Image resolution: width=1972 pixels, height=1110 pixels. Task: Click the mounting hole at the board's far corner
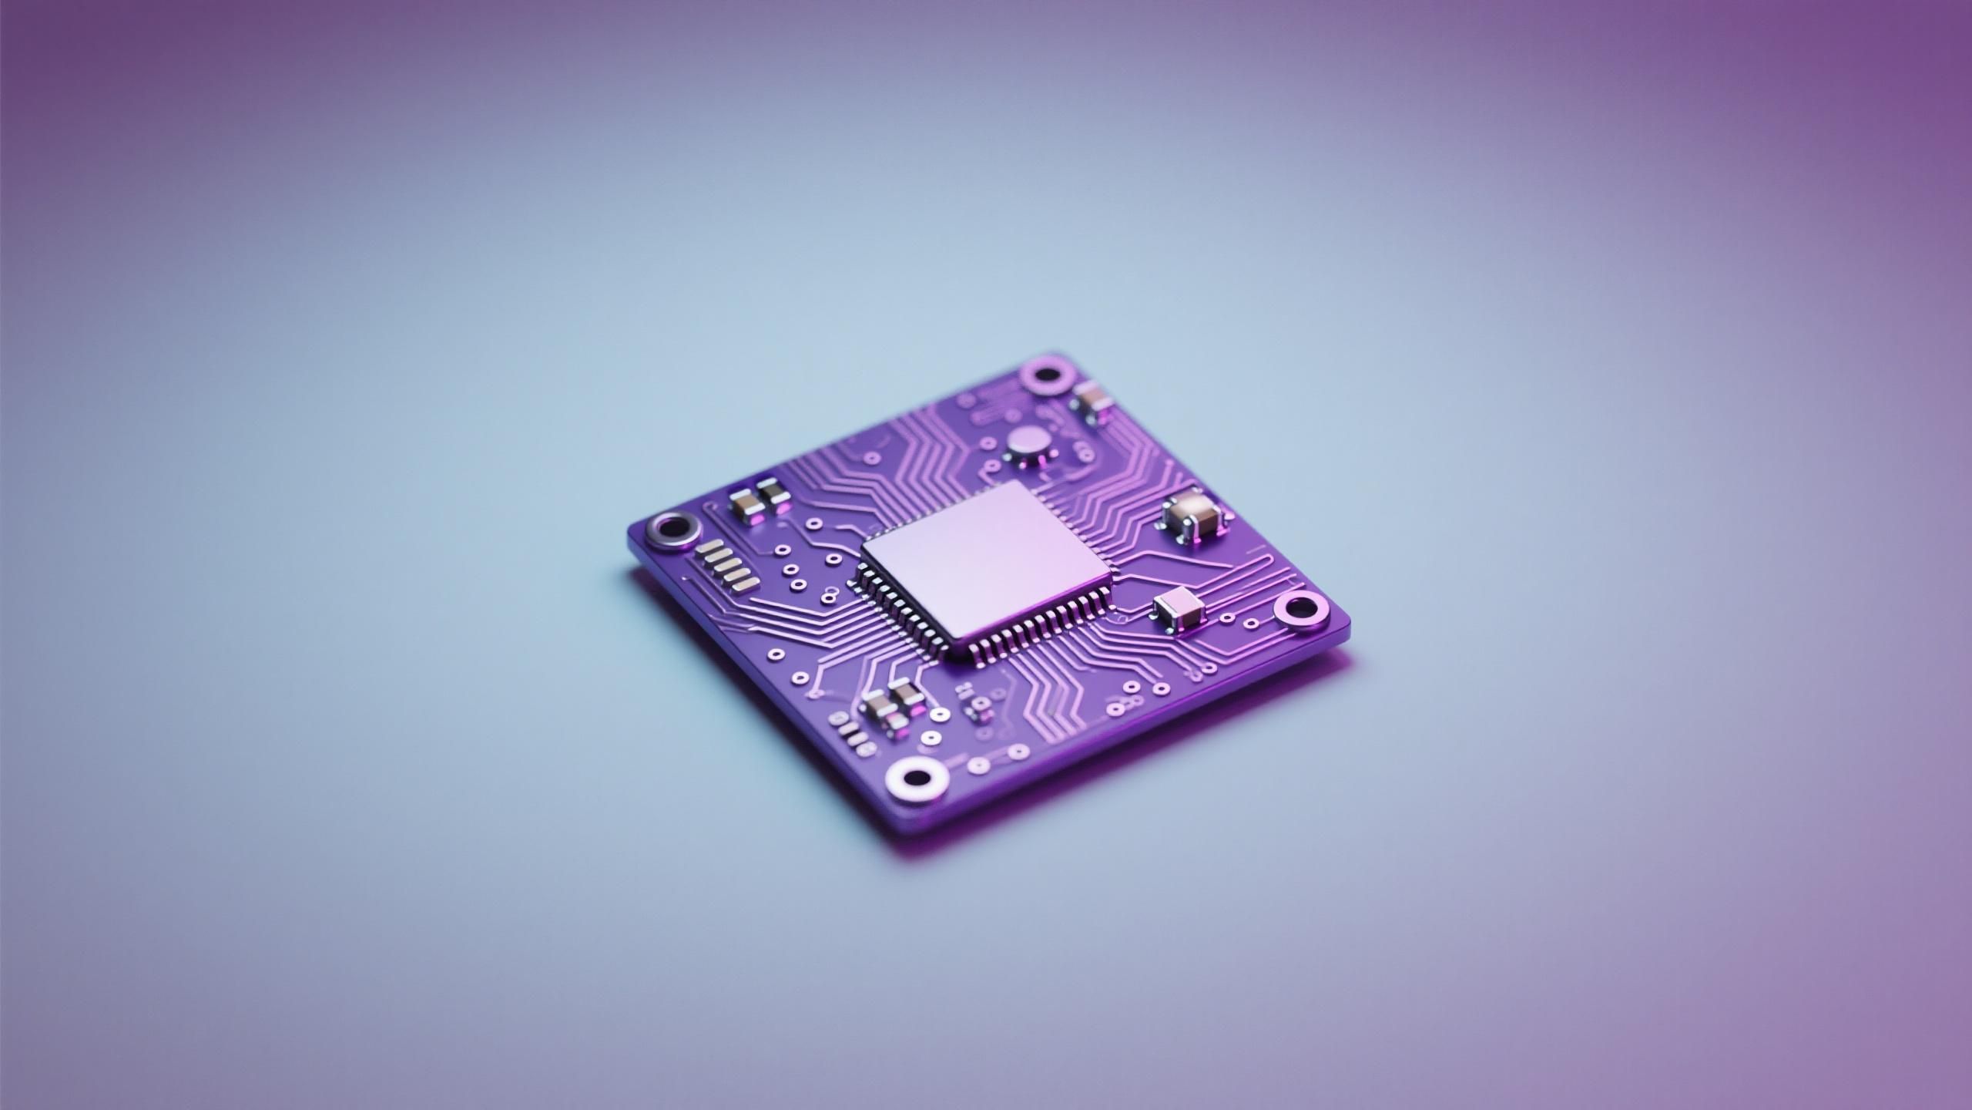pyautogui.click(x=1047, y=375)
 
